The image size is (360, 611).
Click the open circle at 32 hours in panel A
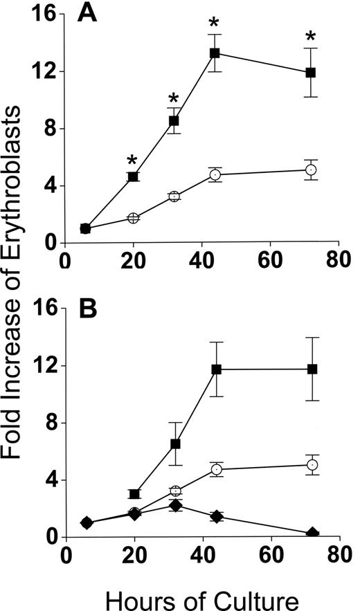tap(175, 197)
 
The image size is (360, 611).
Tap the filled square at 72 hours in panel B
tap(312, 369)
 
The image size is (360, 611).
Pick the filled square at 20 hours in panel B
tap(134, 494)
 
